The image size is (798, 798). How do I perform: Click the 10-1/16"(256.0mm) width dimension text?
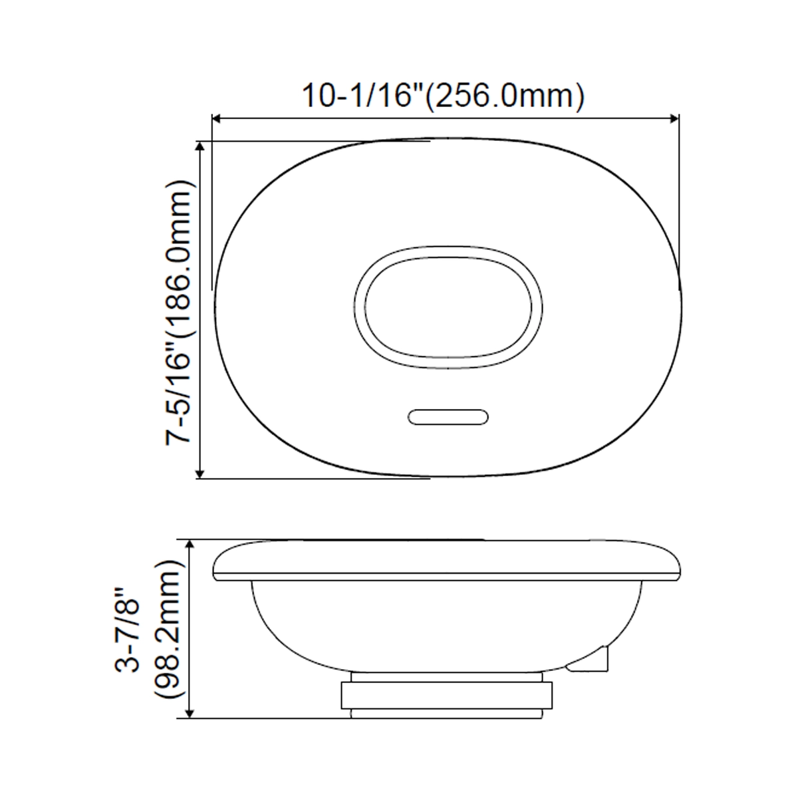click(444, 96)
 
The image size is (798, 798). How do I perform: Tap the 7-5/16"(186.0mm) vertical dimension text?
click(179, 313)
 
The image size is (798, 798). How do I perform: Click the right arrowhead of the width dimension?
click(674, 119)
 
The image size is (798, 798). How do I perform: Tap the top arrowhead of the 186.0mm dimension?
click(200, 146)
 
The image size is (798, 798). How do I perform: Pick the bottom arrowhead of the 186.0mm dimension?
click(200, 473)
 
